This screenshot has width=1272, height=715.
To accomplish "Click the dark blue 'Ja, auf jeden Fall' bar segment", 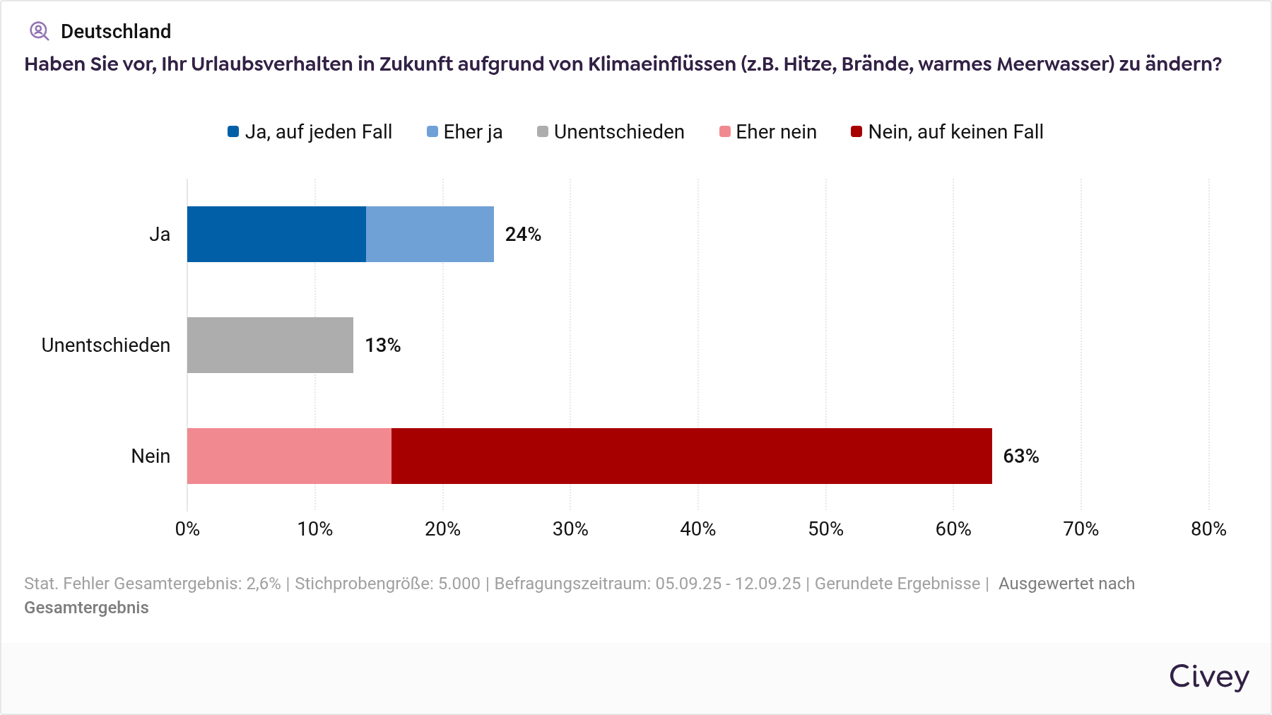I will click(276, 234).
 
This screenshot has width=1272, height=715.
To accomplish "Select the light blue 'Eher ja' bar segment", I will click(430, 234).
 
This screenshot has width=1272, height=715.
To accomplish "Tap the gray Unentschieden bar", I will click(270, 345).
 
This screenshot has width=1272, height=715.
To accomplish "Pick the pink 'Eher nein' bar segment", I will click(289, 456).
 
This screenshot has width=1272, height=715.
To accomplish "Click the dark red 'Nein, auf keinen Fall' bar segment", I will click(691, 456).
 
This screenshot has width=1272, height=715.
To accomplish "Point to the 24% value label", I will click(523, 235).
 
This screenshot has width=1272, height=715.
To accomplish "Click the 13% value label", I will click(383, 345).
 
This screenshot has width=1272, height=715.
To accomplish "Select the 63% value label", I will click(1021, 456).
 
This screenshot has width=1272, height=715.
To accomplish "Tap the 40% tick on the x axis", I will click(697, 529).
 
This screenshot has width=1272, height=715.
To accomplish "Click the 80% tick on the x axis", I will click(1208, 529).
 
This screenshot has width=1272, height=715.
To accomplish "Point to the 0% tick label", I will click(187, 529).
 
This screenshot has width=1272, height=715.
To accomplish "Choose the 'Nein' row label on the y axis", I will click(151, 456).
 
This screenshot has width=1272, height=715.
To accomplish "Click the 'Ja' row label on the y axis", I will click(160, 235).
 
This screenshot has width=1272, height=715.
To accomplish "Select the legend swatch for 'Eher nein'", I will click(725, 131).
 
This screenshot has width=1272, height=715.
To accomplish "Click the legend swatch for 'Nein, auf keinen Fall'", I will click(856, 131).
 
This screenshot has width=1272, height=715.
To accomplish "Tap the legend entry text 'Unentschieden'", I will click(619, 132).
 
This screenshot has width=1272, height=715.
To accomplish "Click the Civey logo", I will click(1209, 677).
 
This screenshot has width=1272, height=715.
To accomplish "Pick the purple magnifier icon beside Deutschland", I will click(39, 31).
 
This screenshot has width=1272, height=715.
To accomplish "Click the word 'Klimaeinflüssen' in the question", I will click(662, 64).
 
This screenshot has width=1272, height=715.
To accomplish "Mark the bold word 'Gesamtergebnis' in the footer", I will click(86, 608).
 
